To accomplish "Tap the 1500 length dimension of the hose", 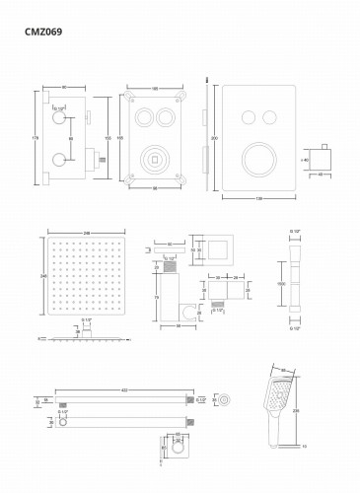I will (x=281, y=284).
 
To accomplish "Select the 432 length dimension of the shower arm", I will (x=124, y=391).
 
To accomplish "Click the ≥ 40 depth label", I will (x=305, y=158).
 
